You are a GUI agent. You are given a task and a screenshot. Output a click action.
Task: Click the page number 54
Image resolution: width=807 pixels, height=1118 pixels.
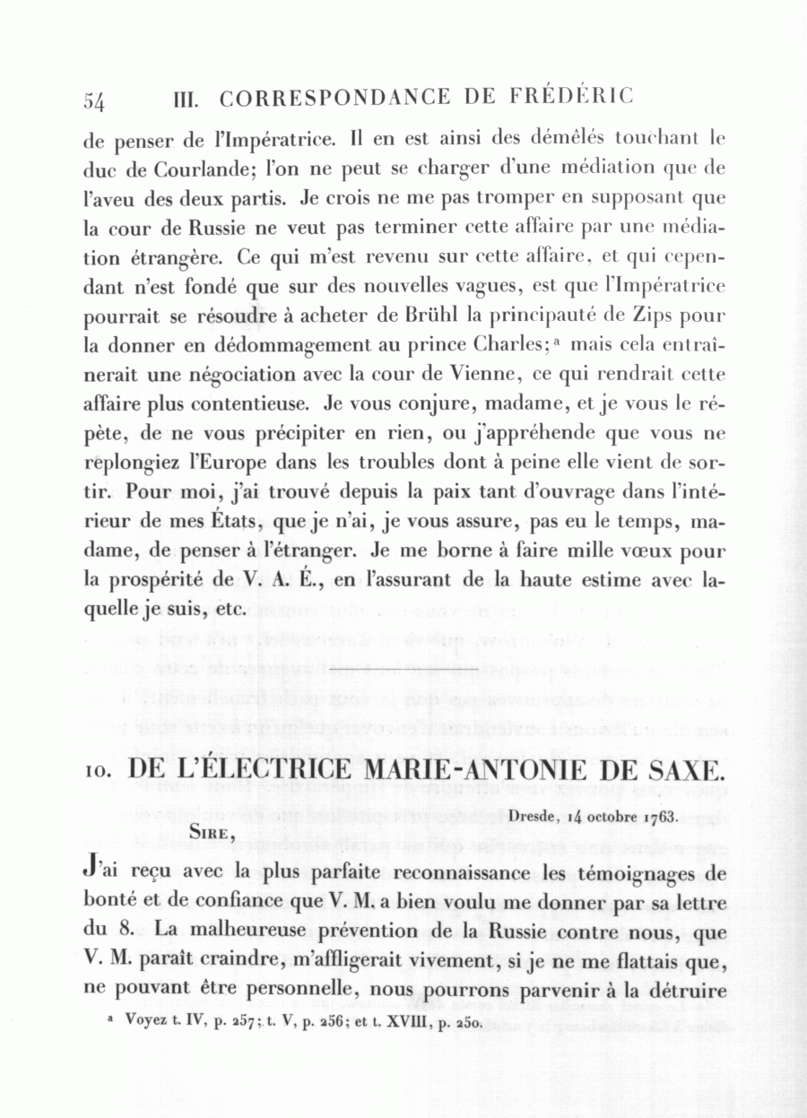point(94,100)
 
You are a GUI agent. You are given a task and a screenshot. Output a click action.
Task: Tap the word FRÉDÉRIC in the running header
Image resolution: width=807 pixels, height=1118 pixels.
point(573,96)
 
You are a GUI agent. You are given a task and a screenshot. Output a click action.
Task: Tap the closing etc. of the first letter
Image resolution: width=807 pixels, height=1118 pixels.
point(230,609)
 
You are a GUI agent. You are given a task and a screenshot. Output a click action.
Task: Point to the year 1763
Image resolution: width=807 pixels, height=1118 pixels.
point(659,817)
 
